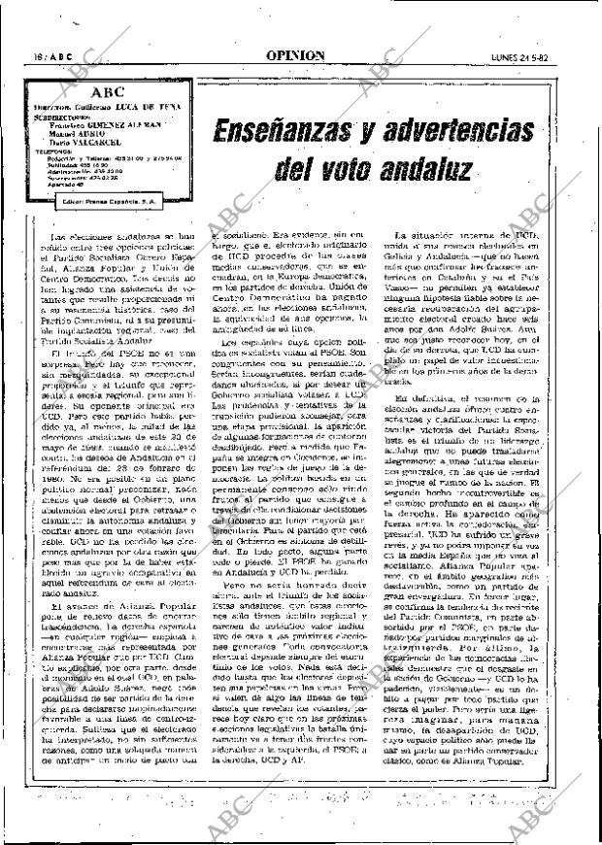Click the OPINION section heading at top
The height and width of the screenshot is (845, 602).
click(295, 55)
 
